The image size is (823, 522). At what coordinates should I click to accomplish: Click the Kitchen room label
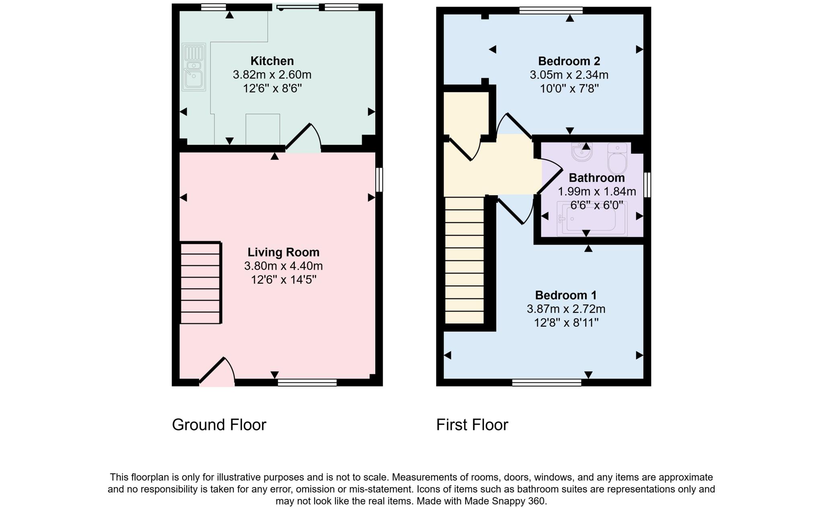[x=272, y=61]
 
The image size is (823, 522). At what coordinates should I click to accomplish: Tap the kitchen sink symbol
[x=194, y=67]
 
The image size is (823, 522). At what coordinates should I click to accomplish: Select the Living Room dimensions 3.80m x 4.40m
[x=283, y=266]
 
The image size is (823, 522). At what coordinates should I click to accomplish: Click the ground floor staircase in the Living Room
[x=200, y=282]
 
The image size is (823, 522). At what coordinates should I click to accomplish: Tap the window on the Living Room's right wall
[x=379, y=180]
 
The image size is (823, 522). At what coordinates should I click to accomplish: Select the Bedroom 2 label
[x=569, y=61]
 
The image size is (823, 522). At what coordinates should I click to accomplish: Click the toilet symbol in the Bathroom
[x=617, y=159]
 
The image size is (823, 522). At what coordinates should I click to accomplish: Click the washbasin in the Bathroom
[x=581, y=152]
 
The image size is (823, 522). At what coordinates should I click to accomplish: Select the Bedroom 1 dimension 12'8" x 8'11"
[x=566, y=323]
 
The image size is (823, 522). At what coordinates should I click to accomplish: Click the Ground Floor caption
[x=219, y=425]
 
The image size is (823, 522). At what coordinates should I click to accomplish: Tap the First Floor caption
[x=472, y=425]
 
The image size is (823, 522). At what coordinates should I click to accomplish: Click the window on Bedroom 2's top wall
[x=551, y=10]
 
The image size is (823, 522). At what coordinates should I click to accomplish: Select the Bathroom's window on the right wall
[x=647, y=185]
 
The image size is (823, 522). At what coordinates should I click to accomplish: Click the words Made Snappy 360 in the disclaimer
[x=505, y=501]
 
